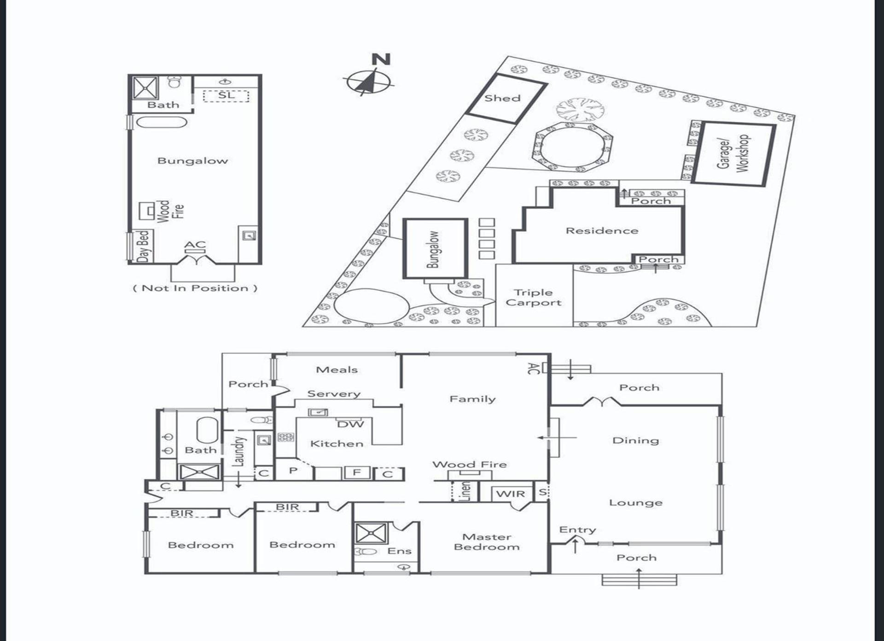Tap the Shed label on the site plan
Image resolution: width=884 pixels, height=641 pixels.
[x=502, y=98]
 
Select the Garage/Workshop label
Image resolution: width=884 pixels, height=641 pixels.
[x=733, y=154]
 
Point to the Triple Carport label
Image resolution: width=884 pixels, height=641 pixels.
[x=534, y=297]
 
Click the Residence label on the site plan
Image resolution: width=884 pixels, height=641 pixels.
[x=602, y=230]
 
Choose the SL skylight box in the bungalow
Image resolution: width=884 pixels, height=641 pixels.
[x=226, y=96]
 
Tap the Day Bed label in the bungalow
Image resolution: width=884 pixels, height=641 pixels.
[x=143, y=247]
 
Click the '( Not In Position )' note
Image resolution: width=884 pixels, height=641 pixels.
[x=195, y=288]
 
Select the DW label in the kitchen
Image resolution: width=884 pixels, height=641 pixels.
[x=350, y=424]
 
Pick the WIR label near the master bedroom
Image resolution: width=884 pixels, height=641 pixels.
[x=511, y=494]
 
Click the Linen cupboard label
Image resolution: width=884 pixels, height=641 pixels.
[x=465, y=492]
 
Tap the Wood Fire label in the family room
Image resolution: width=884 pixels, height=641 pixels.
[x=470, y=465]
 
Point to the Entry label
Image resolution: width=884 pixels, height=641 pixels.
[x=577, y=530]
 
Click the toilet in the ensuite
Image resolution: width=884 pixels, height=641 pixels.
[x=366, y=551]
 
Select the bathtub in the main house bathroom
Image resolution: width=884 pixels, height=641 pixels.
[x=207, y=430]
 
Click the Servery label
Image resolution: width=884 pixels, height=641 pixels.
[x=334, y=394]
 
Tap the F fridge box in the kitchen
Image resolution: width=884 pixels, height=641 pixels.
[x=357, y=472]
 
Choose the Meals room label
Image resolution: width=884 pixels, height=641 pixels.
[x=337, y=370]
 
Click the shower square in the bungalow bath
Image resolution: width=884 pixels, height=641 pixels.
[x=145, y=88]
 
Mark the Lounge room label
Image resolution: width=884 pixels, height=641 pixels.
[x=636, y=503]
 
